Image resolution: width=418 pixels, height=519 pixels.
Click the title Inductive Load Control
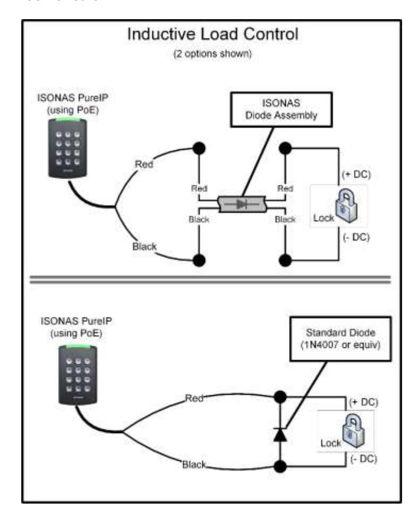point(213,35)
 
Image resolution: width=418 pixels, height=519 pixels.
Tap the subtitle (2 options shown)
point(212,54)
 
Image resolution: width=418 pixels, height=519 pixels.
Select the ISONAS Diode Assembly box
point(281,109)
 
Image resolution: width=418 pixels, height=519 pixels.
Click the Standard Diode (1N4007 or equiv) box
point(340,339)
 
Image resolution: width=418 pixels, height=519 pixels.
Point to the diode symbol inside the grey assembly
point(241,204)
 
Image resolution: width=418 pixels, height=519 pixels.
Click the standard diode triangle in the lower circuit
point(280,435)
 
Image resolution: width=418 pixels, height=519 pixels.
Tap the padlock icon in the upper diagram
point(346,206)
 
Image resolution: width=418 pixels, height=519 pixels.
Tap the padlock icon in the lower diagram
point(353,431)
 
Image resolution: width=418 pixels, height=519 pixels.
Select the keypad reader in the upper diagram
point(68,148)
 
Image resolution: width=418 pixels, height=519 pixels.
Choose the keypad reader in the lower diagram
point(78,375)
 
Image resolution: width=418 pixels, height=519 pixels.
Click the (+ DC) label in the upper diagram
point(356,174)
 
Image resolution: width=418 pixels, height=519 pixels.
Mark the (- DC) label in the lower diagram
point(363,459)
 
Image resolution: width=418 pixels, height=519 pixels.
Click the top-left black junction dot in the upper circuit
point(199,148)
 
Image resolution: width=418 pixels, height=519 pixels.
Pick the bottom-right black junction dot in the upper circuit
point(285,260)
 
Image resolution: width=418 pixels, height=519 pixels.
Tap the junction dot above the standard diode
point(280,396)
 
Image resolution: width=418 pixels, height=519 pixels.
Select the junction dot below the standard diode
point(280,466)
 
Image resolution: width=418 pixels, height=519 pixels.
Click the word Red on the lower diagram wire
point(194,398)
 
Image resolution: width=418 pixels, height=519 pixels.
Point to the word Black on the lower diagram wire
point(194,465)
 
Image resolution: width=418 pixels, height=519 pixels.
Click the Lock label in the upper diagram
point(323,218)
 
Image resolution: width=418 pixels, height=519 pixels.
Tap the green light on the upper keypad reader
point(67,119)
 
